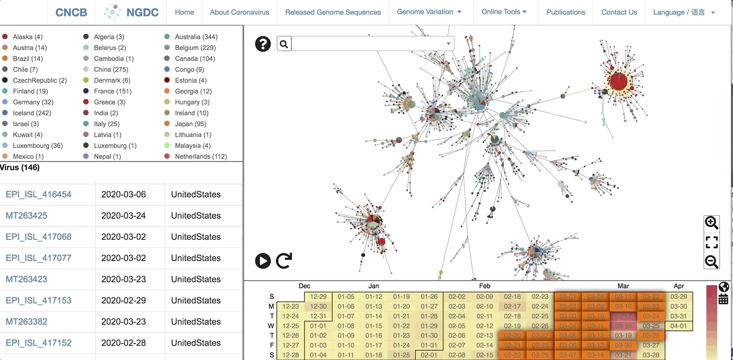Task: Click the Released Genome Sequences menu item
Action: pos(333,12)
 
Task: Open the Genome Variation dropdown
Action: pos(429,12)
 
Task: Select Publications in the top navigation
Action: pos(566,12)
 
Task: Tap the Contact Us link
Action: pos(619,12)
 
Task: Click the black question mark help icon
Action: pos(263,44)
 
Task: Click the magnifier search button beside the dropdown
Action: pos(284,44)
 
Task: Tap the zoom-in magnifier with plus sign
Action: pos(711,222)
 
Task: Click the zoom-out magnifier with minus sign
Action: pos(711,262)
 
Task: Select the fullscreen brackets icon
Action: pos(711,242)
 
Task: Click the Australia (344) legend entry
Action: pos(196,37)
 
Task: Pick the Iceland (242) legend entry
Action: pos(32,113)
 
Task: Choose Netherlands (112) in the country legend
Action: pos(201,157)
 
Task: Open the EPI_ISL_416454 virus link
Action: pos(39,195)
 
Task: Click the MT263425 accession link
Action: pos(27,216)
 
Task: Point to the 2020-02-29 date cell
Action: pos(123,301)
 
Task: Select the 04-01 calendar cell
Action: pos(679,326)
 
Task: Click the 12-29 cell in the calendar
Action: pos(318,297)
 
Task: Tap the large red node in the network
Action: pos(618,82)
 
